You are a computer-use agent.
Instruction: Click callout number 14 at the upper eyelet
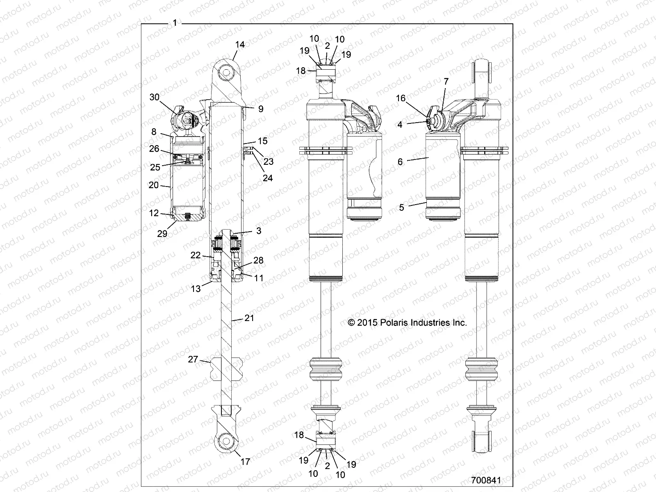[240, 44]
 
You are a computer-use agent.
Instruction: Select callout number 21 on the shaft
[249, 318]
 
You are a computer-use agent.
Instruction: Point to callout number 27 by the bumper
[193, 360]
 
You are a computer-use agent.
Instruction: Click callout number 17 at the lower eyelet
[245, 462]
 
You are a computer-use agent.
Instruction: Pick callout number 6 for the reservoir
[400, 162]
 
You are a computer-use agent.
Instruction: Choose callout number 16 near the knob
[400, 98]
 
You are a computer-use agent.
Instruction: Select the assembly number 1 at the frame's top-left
[175, 23]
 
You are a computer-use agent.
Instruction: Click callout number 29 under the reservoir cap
[162, 233]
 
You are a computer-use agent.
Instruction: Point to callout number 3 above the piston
[259, 231]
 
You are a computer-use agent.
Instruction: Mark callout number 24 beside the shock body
[268, 178]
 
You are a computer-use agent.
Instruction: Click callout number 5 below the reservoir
[401, 207]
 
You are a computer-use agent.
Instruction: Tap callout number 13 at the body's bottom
[196, 289]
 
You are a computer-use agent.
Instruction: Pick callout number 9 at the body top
[261, 109]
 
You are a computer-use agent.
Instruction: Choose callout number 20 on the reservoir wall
[154, 185]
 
